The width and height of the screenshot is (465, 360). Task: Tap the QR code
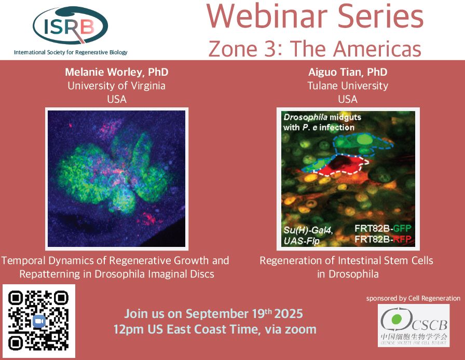click(38, 321)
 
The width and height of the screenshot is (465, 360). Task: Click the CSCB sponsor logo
click(414, 325)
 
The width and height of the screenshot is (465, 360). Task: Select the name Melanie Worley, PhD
click(117, 72)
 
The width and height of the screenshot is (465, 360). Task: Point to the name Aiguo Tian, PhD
click(348, 72)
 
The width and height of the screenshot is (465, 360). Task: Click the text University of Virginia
click(117, 86)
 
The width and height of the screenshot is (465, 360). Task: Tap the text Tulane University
click(348, 86)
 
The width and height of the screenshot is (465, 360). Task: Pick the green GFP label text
click(402, 228)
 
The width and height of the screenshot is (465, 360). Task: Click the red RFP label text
click(402, 239)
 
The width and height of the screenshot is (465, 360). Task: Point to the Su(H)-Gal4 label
click(308, 230)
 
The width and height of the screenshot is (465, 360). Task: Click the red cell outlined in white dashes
click(341, 164)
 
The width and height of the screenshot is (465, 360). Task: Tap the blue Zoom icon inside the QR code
click(39, 322)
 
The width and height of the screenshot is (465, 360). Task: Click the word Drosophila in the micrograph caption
click(306, 117)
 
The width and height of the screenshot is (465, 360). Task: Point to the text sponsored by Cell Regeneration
click(413, 298)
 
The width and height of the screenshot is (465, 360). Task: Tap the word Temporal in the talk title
click(23, 260)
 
